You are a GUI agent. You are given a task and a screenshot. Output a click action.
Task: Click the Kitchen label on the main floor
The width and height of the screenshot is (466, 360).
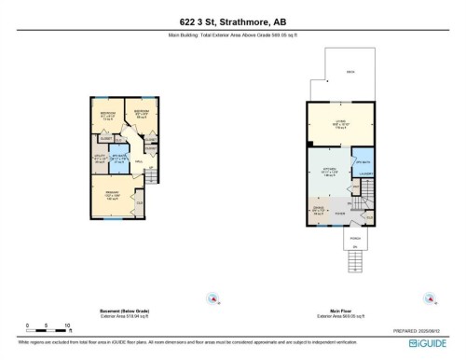[x=327, y=171]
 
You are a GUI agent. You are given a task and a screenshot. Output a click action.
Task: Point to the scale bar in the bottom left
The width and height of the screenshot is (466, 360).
[x=48, y=326]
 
